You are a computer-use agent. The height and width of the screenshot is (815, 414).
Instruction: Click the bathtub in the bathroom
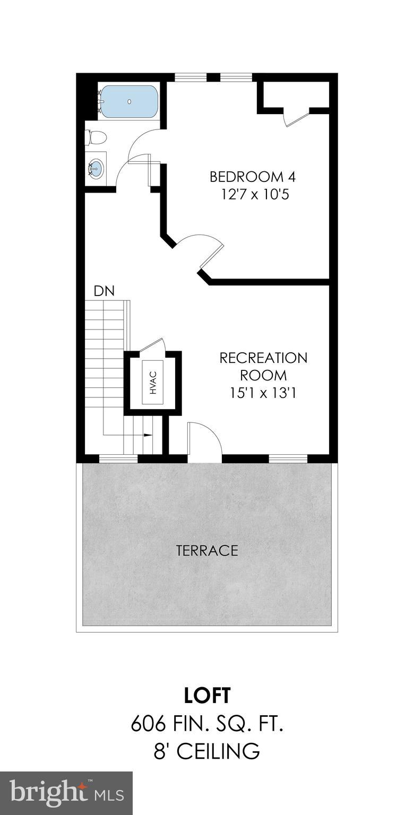[x=130, y=101]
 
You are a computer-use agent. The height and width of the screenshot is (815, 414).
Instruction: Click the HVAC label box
[x=153, y=382]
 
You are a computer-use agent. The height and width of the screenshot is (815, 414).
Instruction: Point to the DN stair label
[x=104, y=291]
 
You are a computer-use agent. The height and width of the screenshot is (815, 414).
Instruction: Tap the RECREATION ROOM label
[x=263, y=366]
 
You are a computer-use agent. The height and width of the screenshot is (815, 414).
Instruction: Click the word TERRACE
[x=207, y=550]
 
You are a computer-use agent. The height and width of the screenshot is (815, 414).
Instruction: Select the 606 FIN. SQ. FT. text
[x=207, y=724]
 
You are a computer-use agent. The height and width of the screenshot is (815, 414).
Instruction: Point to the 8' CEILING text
[x=207, y=751]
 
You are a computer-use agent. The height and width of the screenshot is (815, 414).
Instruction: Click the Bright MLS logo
[x=66, y=793]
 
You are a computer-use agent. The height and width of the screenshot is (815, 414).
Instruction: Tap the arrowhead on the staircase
[x=148, y=435]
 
